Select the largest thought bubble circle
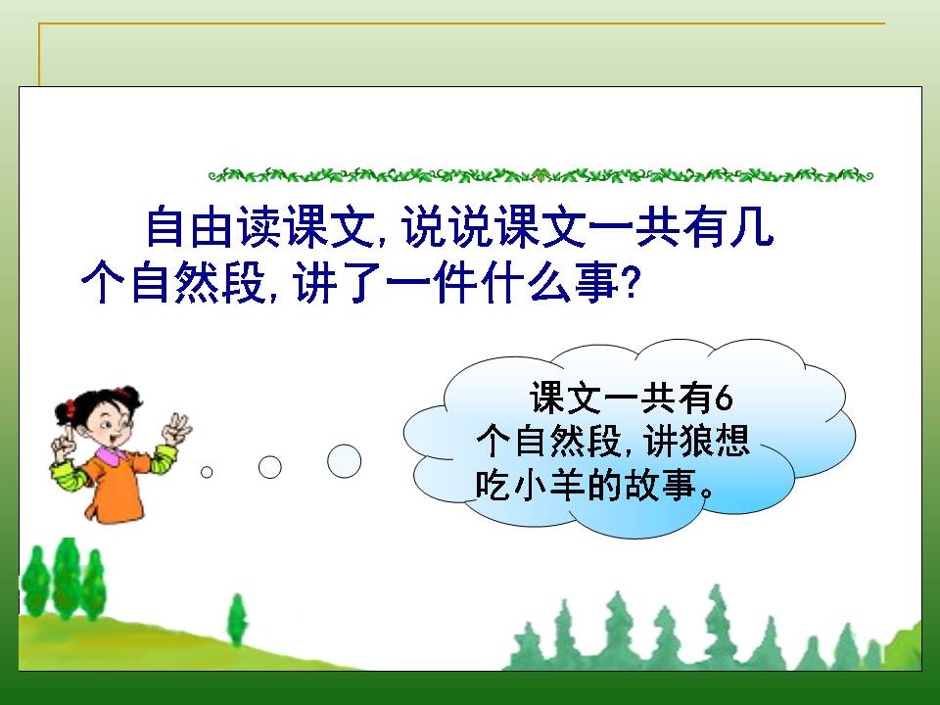coord(344,460)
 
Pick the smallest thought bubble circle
coord(207,472)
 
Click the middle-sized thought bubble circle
coord(269,467)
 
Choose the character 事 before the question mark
coord(597,284)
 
